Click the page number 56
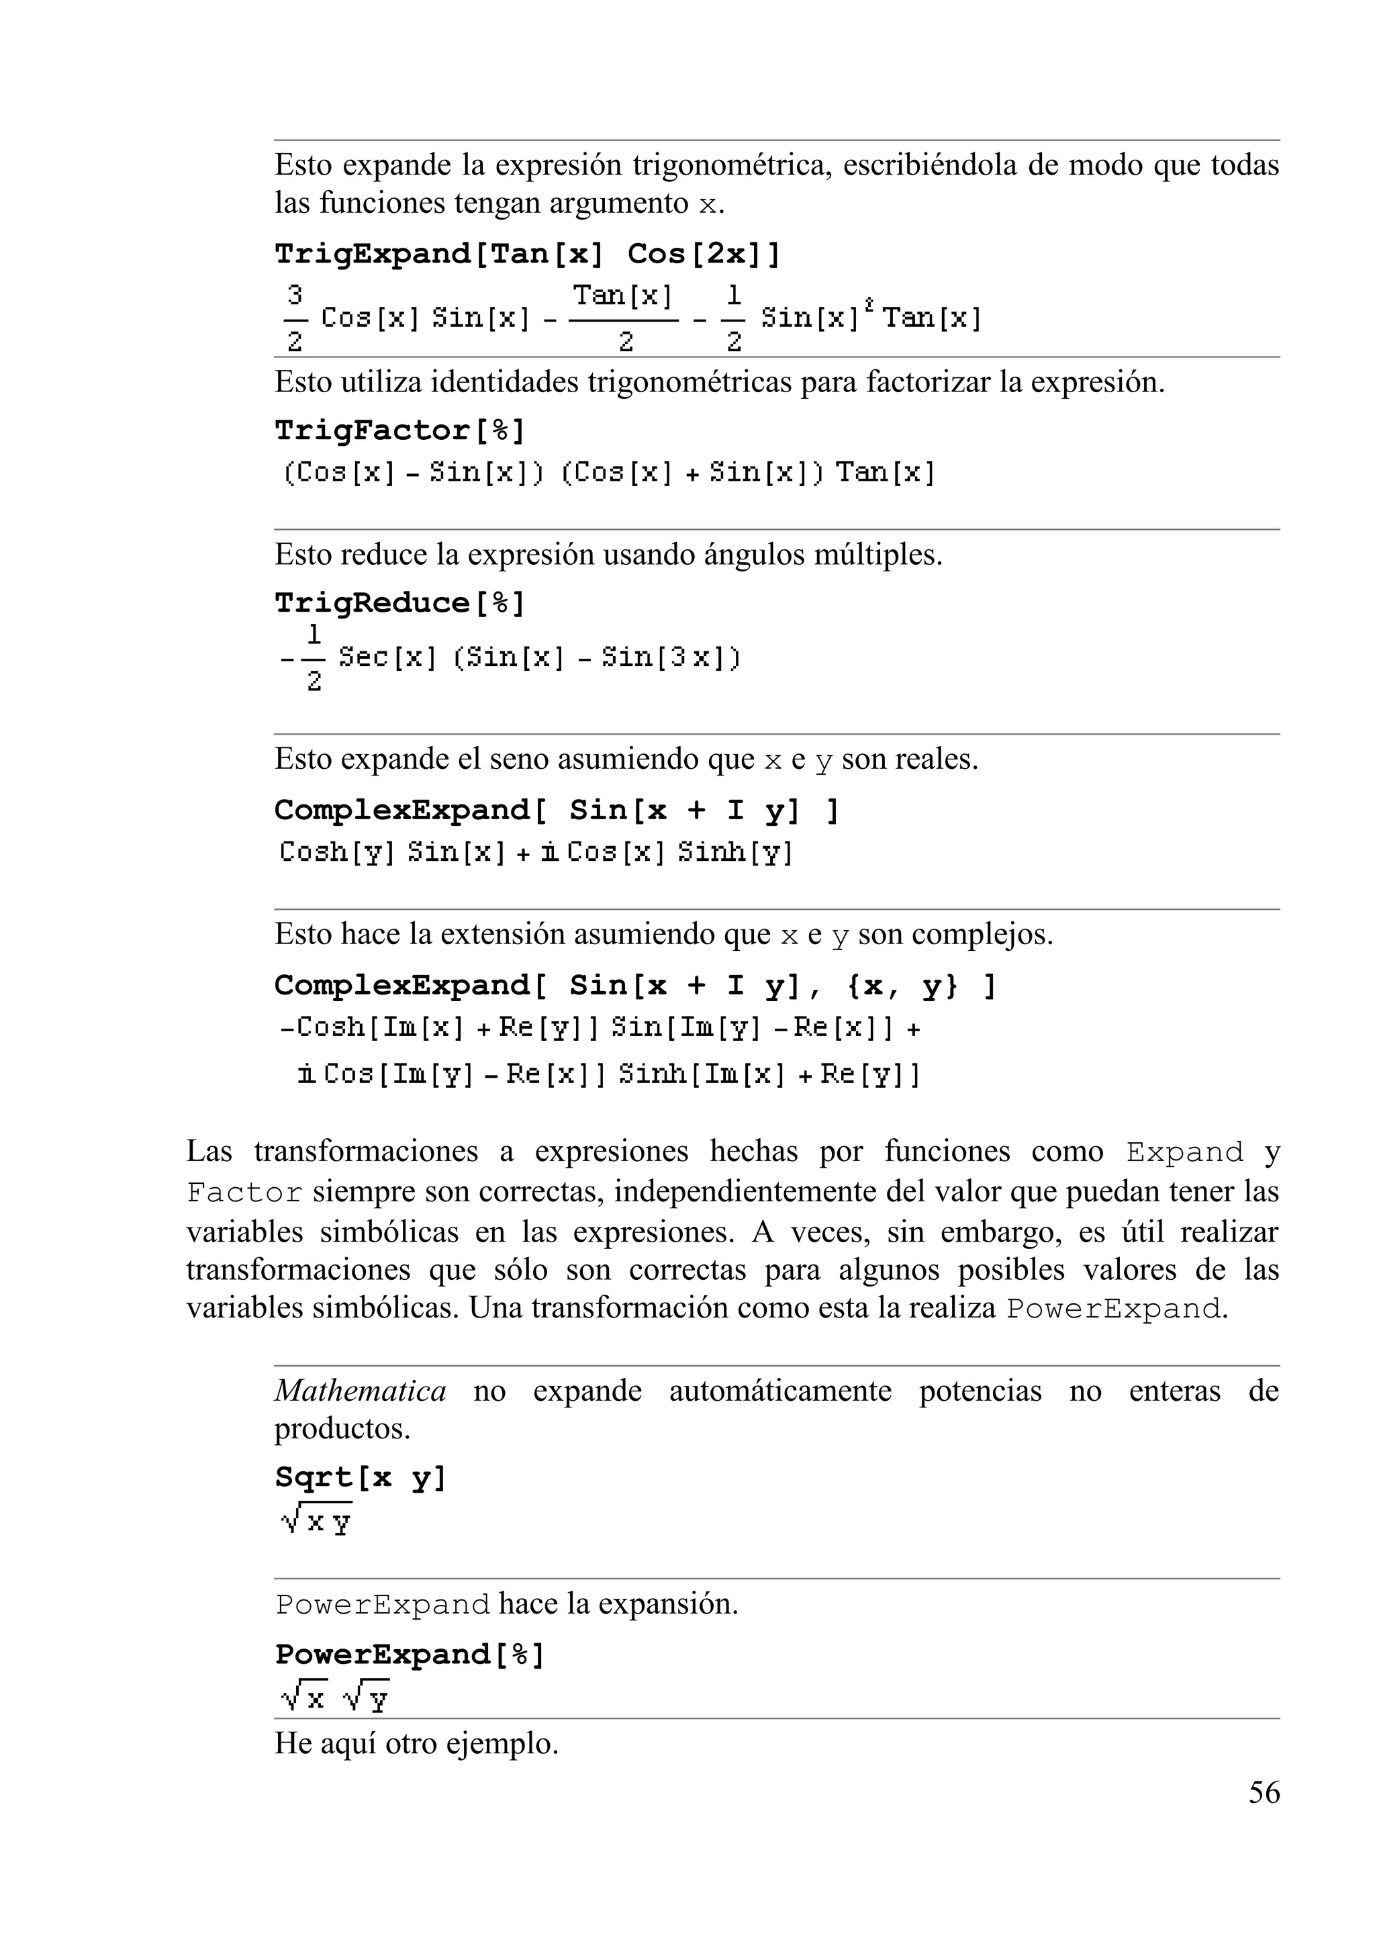coord(1264,1792)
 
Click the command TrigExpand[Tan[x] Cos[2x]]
coord(527,254)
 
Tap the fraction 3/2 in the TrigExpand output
coord(294,318)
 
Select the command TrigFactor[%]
coord(399,430)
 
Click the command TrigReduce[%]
coord(399,603)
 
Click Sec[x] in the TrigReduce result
coord(387,657)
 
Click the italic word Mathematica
coord(361,1391)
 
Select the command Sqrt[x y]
coord(361,1477)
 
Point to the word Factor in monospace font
coord(244,1193)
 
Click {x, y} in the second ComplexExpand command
coord(902,985)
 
